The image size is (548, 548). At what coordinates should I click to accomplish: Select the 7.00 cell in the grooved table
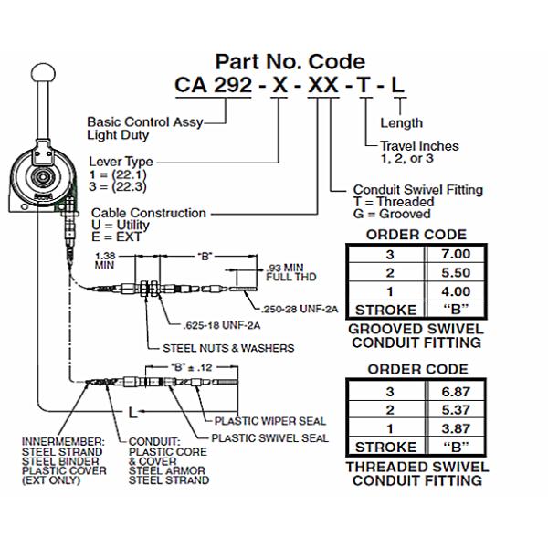point(454,257)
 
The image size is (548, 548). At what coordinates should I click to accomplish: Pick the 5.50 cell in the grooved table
point(454,272)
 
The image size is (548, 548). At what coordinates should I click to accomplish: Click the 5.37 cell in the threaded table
point(454,411)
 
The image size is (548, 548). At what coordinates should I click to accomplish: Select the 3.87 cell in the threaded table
point(454,427)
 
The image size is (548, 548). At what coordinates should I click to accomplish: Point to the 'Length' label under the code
point(401,123)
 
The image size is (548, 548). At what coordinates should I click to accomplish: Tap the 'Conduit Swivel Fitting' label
point(418,190)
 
